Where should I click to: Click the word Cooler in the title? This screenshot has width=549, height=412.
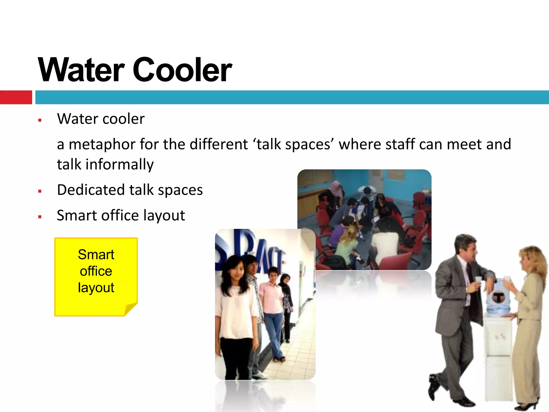(182, 70)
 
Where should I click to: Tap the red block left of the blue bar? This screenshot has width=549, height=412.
(16, 97)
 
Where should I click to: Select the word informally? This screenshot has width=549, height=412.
(120, 164)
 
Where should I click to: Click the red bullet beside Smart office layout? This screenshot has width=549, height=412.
(40, 217)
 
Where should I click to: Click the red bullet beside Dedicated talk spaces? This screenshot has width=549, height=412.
(40, 191)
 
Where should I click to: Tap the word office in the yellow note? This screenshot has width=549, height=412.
(96, 271)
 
